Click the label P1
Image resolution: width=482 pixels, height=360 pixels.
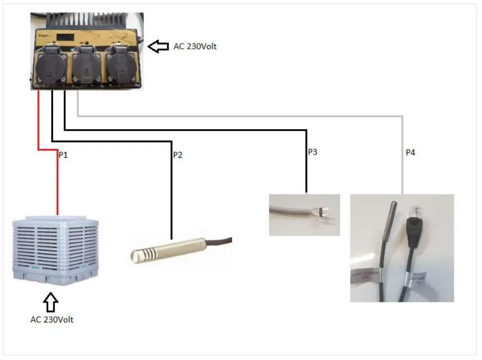tap(63, 155)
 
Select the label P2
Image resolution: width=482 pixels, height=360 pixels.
tap(177, 155)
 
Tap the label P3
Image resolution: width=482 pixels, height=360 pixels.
tap(313, 152)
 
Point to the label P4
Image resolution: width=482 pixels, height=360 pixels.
tap(410, 153)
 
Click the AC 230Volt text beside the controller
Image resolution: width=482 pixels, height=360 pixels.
tap(195, 46)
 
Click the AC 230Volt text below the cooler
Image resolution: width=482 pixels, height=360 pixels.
tap(52, 320)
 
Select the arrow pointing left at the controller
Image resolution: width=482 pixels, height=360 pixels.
tap(158, 46)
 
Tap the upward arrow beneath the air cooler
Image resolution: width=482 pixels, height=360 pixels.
tap(50, 303)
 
